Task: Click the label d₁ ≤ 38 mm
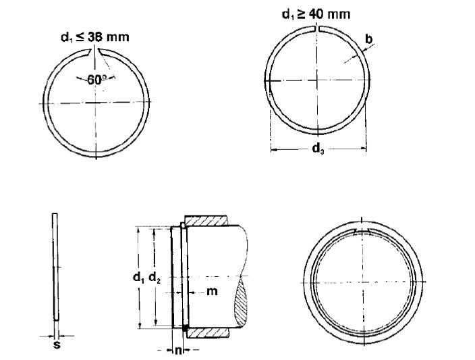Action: pyautogui.click(x=90, y=38)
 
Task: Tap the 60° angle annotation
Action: pyautogui.click(x=96, y=79)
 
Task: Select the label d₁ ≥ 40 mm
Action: pyautogui.click(x=316, y=14)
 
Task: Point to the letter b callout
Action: pyautogui.click(x=368, y=39)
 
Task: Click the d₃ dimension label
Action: pyautogui.click(x=316, y=150)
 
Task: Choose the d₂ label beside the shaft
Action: pyautogui.click(x=155, y=277)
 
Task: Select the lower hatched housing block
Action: pyautogui.click(x=206, y=332)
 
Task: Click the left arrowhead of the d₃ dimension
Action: pyautogui.click(x=273, y=150)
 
